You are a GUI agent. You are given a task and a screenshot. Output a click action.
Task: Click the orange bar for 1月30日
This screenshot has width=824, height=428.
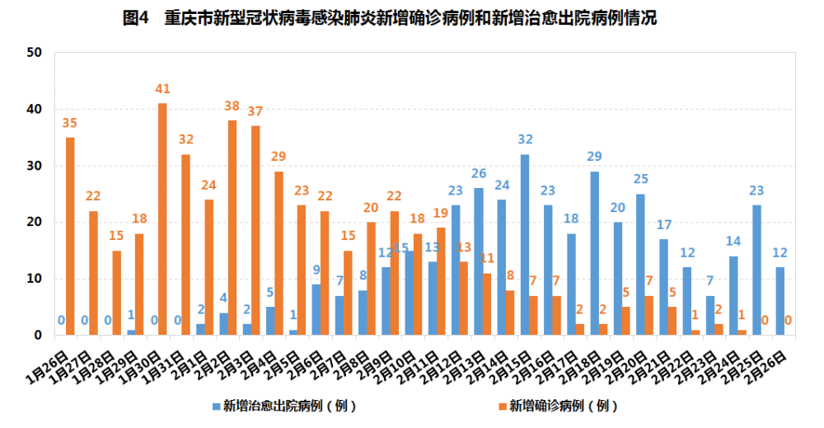pyautogui.click(x=162, y=219)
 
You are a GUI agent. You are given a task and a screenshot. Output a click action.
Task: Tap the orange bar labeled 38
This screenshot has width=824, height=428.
pyautogui.click(x=232, y=228)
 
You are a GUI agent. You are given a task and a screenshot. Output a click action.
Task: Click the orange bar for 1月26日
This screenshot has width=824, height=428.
pyautogui.click(x=70, y=237)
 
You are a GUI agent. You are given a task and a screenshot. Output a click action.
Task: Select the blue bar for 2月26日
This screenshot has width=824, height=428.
pyautogui.click(x=780, y=301)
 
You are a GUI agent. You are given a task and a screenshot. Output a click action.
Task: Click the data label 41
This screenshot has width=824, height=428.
pyautogui.click(x=162, y=89)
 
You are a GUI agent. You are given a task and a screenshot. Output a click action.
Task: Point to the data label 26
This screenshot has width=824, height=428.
pyautogui.click(x=478, y=174)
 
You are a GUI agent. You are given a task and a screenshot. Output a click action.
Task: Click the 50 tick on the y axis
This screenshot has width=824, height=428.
pyautogui.click(x=35, y=53)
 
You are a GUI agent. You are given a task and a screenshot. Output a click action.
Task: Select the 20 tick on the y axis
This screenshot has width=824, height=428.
pyautogui.click(x=35, y=223)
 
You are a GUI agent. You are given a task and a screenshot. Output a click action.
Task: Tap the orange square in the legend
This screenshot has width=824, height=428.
pyautogui.click(x=500, y=407)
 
